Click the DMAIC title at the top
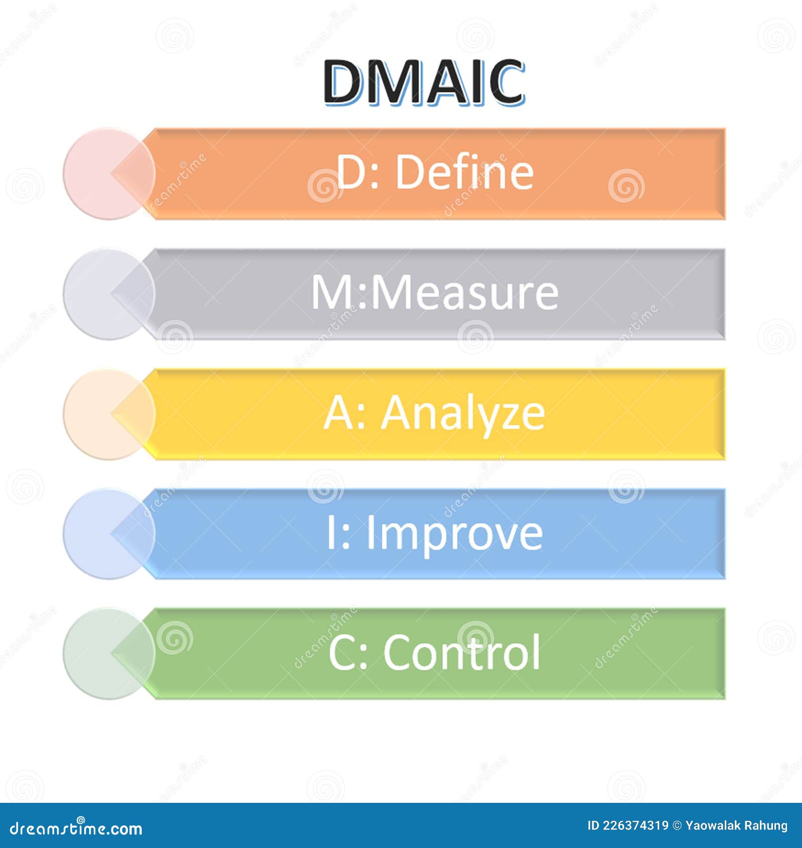tap(424, 82)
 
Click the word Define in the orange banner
tap(465, 172)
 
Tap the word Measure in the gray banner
tap(464, 293)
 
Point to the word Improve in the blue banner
tap(454, 533)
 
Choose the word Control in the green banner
tap(462, 652)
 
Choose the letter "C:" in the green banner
tap(348, 652)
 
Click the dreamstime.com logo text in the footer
tap(76, 828)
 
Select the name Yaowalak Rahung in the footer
tap(736, 825)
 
